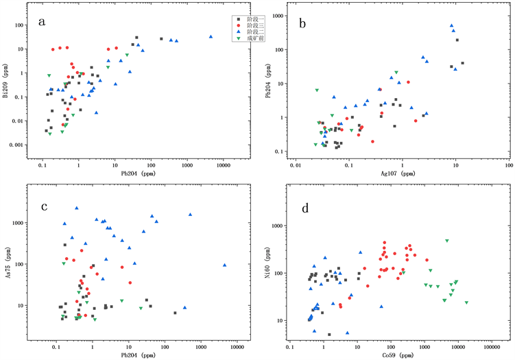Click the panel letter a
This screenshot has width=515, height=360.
coord(43,22)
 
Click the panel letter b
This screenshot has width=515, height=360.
coord(302,22)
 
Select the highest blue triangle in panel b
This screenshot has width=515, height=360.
coord(451,26)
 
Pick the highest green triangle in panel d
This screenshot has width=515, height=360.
coord(446,241)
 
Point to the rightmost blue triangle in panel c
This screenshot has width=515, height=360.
coord(224,265)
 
